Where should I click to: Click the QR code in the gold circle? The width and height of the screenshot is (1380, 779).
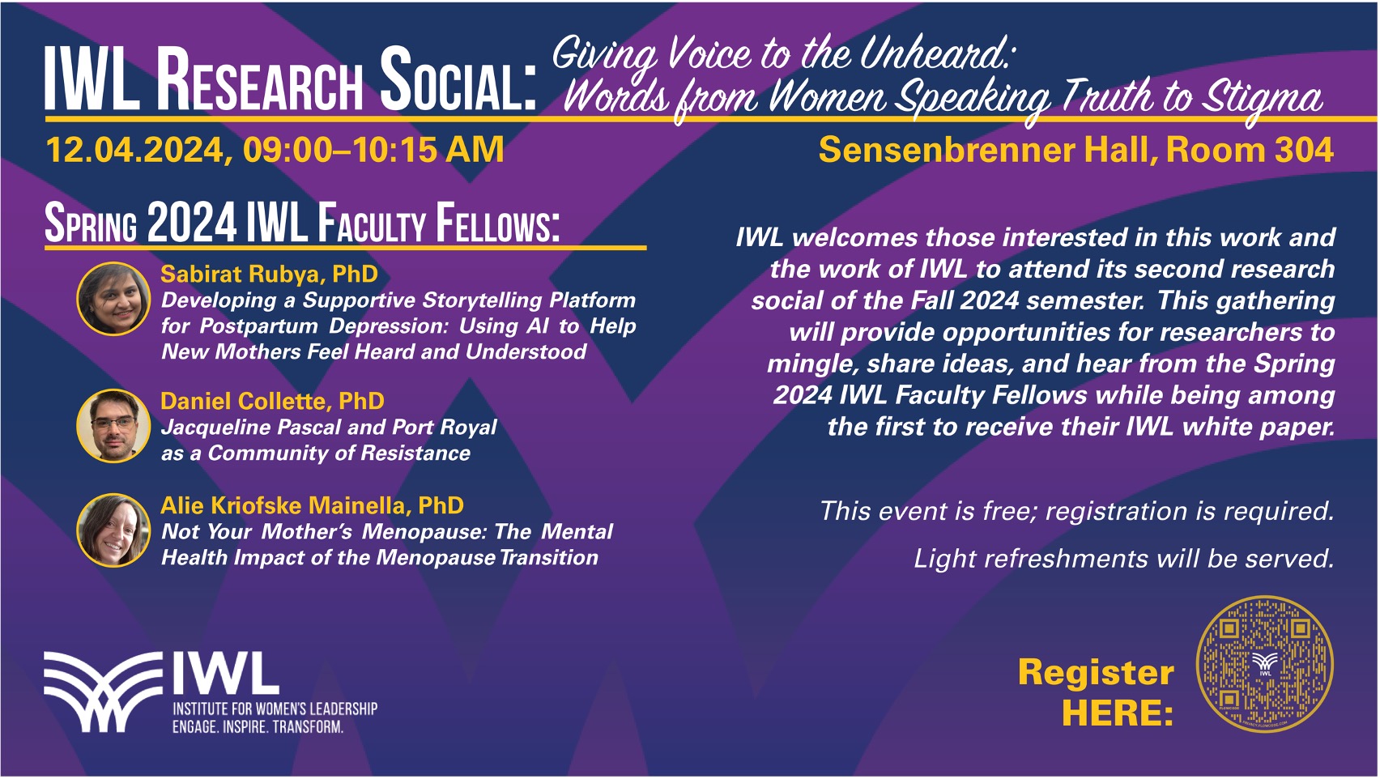click(1264, 664)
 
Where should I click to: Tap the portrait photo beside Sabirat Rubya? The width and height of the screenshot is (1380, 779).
click(113, 299)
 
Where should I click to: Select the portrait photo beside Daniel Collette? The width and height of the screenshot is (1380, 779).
click(113, 425)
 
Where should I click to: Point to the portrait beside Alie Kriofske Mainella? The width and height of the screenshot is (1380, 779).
click(113, 530)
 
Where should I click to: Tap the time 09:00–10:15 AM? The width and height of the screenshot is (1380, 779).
click(373, 150)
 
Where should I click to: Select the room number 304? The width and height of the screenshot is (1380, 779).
click(1304, 150)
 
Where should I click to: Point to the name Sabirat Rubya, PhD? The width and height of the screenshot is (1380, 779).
click(269, 274)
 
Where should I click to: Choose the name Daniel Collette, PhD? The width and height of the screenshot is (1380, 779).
click(272, 401)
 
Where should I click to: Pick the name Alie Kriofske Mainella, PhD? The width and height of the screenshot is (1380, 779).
click(313, 505)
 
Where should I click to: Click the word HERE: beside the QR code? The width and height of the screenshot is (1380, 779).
click(1118, 713)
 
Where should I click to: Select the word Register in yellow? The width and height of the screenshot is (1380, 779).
click(1096, 673)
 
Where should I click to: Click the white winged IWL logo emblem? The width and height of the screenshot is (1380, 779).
click(103, 692)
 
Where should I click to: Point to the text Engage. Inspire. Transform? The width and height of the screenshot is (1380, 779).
click(258, 727)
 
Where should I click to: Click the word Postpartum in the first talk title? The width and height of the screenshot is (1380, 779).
click(259, 326)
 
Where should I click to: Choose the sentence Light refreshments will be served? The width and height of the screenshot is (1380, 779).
click(1124, 559)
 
